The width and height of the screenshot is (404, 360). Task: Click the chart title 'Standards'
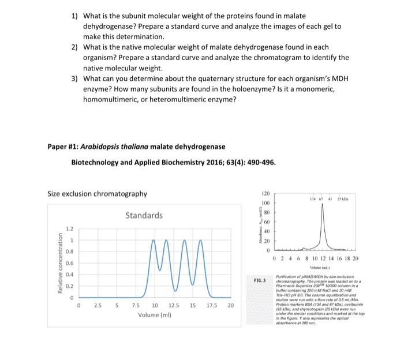pos(143,215)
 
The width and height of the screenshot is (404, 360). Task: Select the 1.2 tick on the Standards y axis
pos(69,228)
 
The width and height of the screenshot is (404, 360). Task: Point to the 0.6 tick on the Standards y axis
pos(69,263)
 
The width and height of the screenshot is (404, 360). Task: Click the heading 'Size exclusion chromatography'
pos(96,193)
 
